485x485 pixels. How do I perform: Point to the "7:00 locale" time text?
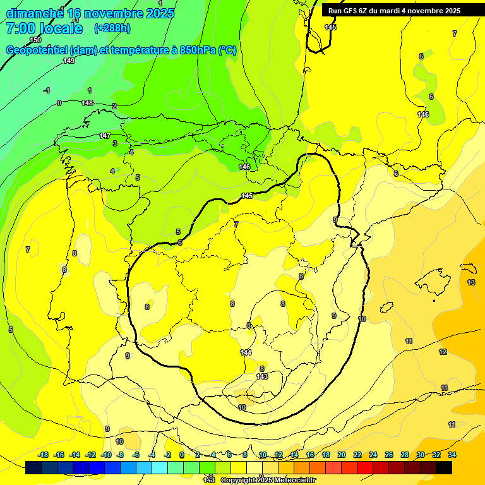pos(44,28)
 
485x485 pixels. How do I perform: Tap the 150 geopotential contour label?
pos(35,40)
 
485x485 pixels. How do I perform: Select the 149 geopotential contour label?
pos(69,61)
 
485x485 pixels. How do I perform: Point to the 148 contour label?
pos(87,103)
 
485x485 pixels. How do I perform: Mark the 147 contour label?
pos(105,136)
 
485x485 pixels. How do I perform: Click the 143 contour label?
pos(262,376)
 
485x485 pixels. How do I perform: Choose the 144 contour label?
pos(246,352)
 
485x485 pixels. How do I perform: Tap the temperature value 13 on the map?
pos(471,282)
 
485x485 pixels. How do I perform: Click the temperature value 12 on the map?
pos(443,352)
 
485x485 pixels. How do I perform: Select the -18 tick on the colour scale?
pos(44,455)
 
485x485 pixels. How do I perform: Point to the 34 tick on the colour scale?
pos(452,455)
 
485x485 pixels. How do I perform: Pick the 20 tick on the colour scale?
pos(342,455)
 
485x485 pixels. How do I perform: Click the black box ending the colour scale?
pos(444,467)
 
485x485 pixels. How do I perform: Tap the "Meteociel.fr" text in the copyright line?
pos(292,481)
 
